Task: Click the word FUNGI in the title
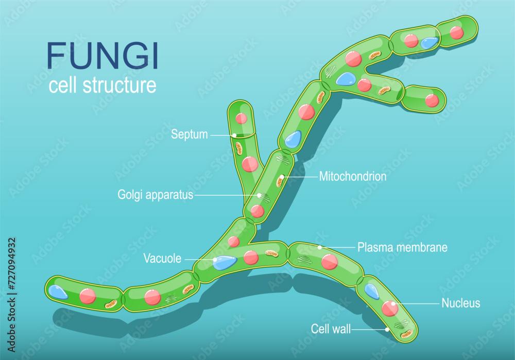[x=103, y=56]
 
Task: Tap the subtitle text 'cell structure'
[x=102, y=85]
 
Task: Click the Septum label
[x=189, y=135]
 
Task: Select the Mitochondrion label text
[x=353, y=177]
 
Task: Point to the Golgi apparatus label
[x=155, y=195]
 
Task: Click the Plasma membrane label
[x=402, y=247]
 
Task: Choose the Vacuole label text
[x=162, y=259]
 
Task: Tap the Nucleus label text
[x=460, y=303]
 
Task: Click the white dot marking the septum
[x=234, y=135]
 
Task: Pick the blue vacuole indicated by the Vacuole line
[x=225, y=263]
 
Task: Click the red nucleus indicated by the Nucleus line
[x=390, y=308]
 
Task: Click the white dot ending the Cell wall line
[x=387, y=329]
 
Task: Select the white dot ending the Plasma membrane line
[x=320, y=248]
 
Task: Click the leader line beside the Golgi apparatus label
[x=227, y=196]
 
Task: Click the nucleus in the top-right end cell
[x=456, y=32]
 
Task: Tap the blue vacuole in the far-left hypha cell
[x=58, y=293]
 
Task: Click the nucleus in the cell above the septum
[x=241, y=118]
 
